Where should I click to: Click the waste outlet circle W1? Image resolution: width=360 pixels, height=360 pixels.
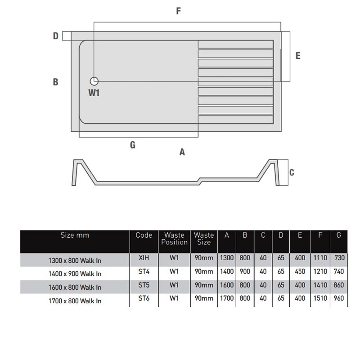click(x=94, y=81)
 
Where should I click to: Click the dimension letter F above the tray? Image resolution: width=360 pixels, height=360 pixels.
click(x=179, y=11)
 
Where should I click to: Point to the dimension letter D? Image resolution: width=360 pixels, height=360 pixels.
click(x=56, y=36)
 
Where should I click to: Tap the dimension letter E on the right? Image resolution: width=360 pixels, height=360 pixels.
click(x=298, y=56)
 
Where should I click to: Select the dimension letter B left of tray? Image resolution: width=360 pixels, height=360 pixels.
click(x=55, y=82)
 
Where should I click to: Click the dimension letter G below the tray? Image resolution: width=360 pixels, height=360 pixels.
click(x=132, y=145)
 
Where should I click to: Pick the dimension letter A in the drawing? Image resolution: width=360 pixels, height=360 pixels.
click(x=182, y=152)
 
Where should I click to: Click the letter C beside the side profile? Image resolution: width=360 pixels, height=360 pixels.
click(x=292, y=172)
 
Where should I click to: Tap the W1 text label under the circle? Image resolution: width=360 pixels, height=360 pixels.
click(x=94, y=93)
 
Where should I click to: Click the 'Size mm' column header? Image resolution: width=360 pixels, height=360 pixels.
click(x=75, y=235)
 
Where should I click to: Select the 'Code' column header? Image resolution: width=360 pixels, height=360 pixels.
click(x=144, y=235)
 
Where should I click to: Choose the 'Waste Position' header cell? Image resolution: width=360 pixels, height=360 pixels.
click(x=174, y=238)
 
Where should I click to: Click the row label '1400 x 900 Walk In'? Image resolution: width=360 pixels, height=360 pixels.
click(x=75, y=273)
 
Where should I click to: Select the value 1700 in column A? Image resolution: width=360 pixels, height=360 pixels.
click(x=226, y=298)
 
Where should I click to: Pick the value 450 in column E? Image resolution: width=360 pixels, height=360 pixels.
click(x=300, y=272)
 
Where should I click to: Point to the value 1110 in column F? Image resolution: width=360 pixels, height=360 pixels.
click(x=320, y=259)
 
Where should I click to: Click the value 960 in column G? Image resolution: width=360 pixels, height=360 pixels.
click(x=338, y=298)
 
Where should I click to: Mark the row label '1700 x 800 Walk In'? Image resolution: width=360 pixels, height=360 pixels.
click(x=75, y=300)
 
